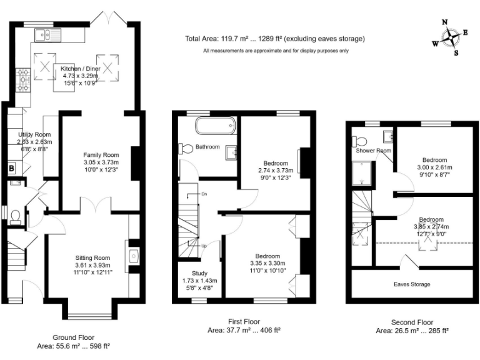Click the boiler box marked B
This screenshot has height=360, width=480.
tap(11, 168)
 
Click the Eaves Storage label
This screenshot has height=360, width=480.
tap(412, 284)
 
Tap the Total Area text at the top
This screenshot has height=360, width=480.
tap(275, 39)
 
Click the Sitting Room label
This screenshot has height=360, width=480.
tap(92, 257)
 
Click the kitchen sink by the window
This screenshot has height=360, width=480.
tap(46, 34)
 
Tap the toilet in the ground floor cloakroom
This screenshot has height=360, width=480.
tap(16, 216)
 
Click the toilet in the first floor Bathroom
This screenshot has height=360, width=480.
tap(185, 148)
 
